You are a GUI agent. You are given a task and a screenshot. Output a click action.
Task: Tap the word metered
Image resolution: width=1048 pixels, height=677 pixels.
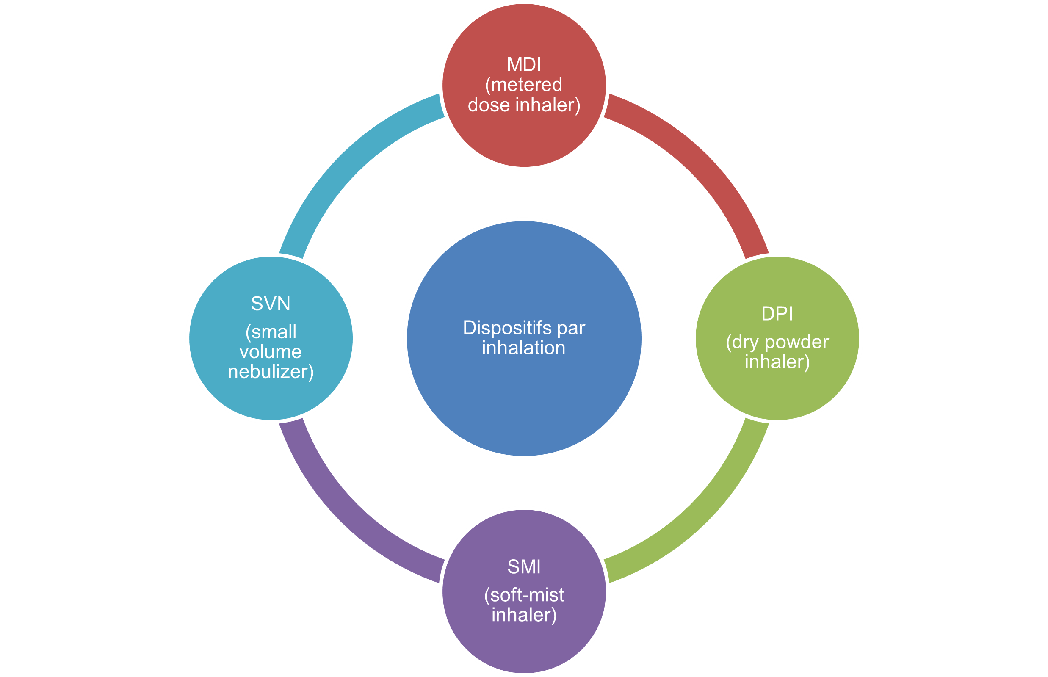pyautogui.click(x=526, y=85)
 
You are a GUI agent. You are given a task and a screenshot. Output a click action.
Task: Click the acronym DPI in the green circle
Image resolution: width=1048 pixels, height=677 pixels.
pyautogui.click(x=777, y=313)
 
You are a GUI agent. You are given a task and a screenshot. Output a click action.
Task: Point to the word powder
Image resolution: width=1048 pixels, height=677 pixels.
pyautogui.click(x=796, y=343)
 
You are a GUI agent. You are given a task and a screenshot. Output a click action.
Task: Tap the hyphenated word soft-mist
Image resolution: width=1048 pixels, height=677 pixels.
pyautogui.click(x=527, y=595)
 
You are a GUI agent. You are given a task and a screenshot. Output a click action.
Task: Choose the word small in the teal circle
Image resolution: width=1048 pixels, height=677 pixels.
pyautogui.click(x=274, y=332)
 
